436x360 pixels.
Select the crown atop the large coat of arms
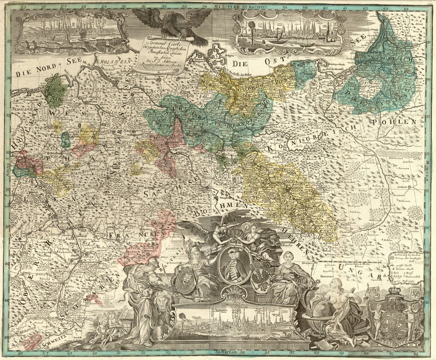coord(395,291)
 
